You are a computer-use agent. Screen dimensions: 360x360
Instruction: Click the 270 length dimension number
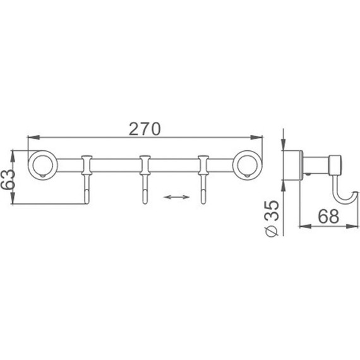click(145, 128)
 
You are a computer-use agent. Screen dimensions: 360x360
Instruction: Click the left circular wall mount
click(42, 166)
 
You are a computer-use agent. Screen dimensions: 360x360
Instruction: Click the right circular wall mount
click(248, 166)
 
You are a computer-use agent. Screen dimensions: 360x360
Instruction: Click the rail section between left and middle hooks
click(116, 166)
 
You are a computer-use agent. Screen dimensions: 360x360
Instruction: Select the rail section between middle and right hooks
click(174, 166)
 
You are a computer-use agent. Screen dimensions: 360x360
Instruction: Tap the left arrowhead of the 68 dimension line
click(301, 225)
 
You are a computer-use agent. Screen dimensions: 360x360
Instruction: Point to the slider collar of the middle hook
click(145, 166)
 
